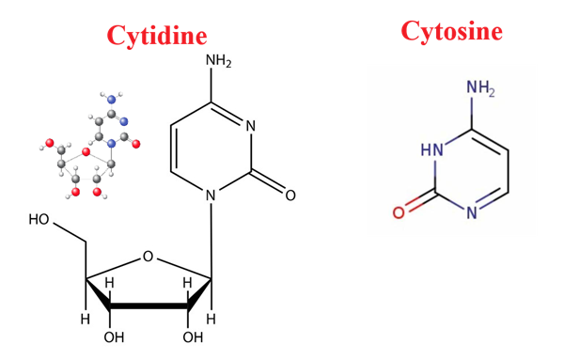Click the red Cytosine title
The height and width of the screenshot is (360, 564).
coord(451,31)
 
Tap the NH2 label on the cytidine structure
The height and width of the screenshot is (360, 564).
coord(217,62)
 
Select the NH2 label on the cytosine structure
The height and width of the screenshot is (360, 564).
coord(479,89)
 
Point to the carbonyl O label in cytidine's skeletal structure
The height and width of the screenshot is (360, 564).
coord(290,196)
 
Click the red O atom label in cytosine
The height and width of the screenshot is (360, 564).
coord(399,212)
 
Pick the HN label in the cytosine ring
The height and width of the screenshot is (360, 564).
coord(431,149)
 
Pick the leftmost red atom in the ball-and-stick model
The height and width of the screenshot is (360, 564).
coord(43,145)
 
